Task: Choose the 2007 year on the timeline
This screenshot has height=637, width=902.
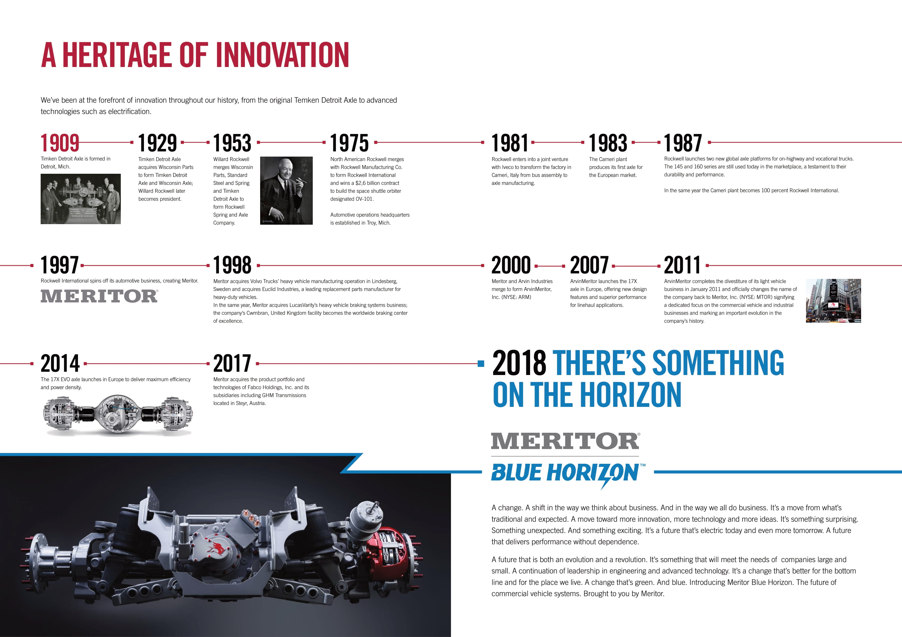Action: [589, 265]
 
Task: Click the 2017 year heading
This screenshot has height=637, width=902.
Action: [232, 364]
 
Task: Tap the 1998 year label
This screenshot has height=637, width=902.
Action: [232, 265]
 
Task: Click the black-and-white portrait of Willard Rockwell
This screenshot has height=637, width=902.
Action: [286, 191]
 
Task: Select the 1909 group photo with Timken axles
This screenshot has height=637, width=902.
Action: [80, 199]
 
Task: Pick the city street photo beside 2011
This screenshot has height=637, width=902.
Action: [833, 301]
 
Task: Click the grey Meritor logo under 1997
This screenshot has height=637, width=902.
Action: [100, 296]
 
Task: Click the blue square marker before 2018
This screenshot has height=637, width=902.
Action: [481, 364]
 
